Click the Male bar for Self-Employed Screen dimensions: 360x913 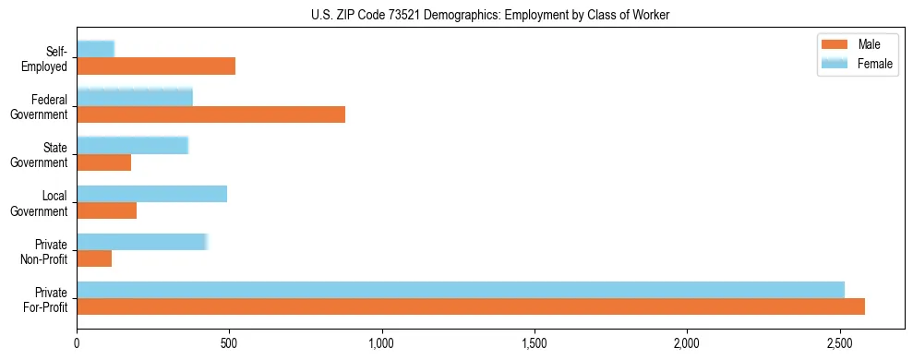coord(156,66)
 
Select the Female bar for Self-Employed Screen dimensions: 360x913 coord(96,49)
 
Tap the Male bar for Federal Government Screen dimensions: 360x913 coord(210,114)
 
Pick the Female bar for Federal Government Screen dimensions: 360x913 coord(135,97)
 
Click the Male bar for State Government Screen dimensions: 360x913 coord(104,162)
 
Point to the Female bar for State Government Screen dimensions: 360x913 coord(133,145)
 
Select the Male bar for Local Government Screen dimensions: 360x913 coord(107,210)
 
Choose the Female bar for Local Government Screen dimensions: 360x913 coord(152,193)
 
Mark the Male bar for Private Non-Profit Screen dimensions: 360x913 coord(94,258)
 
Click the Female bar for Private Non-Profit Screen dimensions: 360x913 coord(143,241)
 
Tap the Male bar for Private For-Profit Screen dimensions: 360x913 coord(471,306)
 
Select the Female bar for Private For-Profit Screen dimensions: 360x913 coord(461,289)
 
